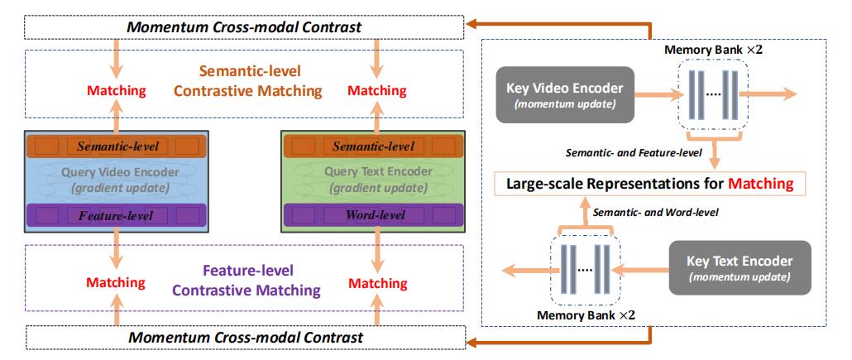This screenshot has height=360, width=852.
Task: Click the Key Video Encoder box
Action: [x=565, y=94]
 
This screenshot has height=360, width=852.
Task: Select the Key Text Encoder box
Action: [x=740, y=268]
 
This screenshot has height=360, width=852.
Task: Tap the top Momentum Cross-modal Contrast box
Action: [x=244, y=27]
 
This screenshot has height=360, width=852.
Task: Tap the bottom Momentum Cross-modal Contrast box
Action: [x=245, y=337]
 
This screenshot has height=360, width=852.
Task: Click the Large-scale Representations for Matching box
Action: [x=650, y=184]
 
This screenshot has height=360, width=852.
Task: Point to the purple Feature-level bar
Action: [x=116, y=215]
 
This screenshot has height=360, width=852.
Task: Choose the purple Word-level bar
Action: [x=373, y=215]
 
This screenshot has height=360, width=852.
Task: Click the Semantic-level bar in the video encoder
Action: [x=116, y=146]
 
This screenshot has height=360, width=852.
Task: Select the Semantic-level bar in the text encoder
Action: [x=373, y=146]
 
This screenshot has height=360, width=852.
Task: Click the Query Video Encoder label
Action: [x=120, y=172]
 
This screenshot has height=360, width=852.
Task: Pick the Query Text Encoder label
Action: [x=378, y=172]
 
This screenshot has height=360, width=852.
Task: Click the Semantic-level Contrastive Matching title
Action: [x=249, y=80]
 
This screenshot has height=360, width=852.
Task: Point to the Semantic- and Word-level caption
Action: [x=655, y=213]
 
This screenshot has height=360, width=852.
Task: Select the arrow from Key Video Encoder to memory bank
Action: [x=658, y=94]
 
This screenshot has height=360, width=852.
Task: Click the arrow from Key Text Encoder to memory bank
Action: [x=644, y=268]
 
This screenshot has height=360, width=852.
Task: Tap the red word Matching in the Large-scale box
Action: [x=761, y=183]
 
